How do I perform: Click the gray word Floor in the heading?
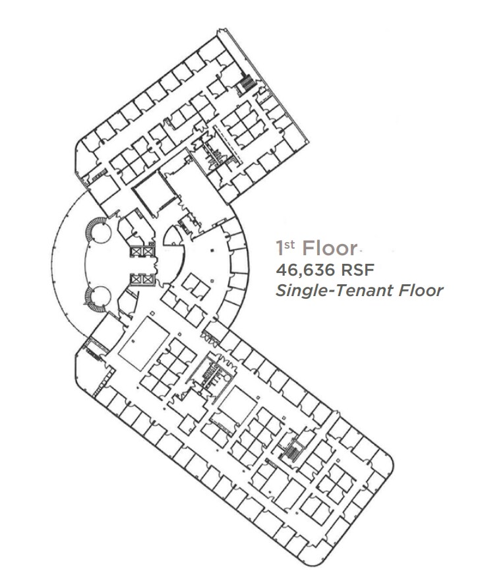click(329, 249)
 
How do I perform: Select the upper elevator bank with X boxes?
click(142, 251)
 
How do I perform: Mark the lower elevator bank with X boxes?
click(142, 279)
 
